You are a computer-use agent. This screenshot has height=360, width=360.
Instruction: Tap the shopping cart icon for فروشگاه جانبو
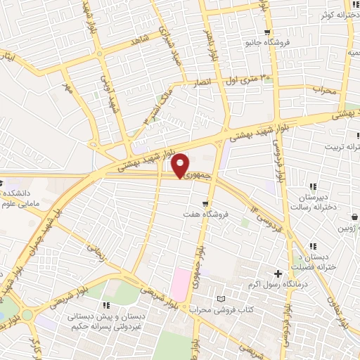click(266, 32)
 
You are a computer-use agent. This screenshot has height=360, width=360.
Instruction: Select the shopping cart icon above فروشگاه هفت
click(205, 203)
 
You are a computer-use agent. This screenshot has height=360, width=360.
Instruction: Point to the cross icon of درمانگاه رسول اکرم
click(278, 274)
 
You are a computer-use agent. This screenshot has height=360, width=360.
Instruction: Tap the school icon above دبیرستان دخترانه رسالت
click(313, 187)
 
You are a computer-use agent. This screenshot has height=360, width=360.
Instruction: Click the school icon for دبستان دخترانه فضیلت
click(313, 246)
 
